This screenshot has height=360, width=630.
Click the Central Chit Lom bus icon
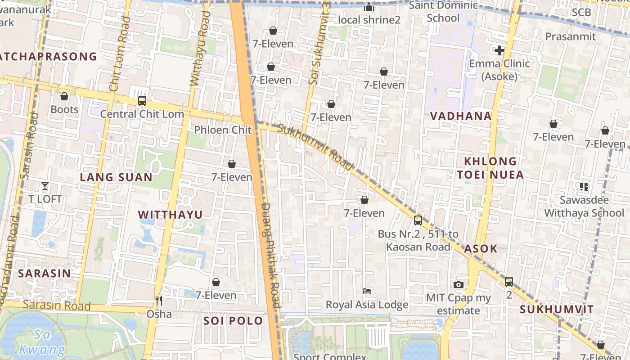(x=142, y=101)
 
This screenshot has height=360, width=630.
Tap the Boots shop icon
(x=64, y=96)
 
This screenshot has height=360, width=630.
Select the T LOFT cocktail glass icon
(x=45, y=185)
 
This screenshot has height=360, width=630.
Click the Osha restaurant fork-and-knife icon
(x=158, y=300)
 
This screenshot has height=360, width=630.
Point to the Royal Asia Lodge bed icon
(x=367, y=291)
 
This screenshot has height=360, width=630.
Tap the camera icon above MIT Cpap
(x=459, y=284)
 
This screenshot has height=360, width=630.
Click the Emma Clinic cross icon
(x=499, y=50)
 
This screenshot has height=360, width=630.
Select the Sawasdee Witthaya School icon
(x=584, y=186)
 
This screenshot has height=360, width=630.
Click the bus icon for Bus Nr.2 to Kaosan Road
(x=418, y=220)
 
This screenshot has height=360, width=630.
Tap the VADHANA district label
(x=461, y=116)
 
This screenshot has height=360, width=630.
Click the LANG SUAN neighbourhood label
(x=116, y=177)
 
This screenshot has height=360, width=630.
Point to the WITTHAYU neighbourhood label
(x=170, y=215)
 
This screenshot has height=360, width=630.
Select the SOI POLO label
(x=233, y=321)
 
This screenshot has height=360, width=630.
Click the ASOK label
(x=481, y=249)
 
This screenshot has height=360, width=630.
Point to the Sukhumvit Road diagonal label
(x=315, y=147)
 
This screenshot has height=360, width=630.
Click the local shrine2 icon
(x=369, y=7)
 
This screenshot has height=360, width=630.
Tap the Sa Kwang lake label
(x=42, y=342)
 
